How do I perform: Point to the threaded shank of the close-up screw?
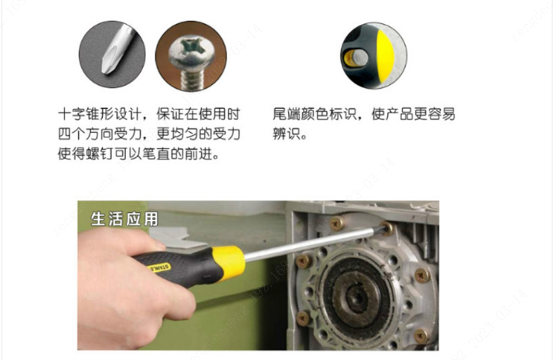[x=191, y=79]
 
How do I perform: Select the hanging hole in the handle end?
[x=354, y=58]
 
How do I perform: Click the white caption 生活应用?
[x=124, y=219]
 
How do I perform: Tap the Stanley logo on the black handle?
[x=159, y=269]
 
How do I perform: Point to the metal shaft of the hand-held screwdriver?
[x=311, y=244]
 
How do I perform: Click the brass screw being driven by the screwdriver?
[x=387, y=228]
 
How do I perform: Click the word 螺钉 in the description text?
[x=100, y=154]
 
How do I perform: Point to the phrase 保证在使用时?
[x=199, y=114]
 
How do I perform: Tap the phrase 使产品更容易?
[x=413, y=114]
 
